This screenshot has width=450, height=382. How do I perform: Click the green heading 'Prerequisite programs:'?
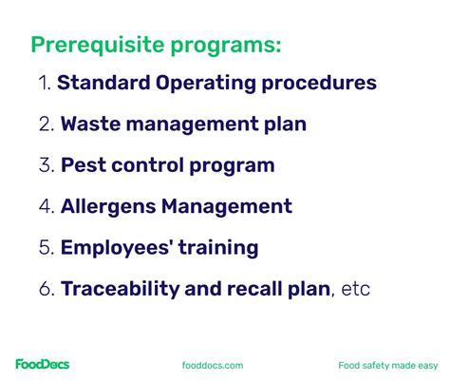coord(157,45)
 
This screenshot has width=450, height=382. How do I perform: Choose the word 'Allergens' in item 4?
coord(107,206)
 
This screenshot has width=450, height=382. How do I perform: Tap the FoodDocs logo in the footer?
coord(42,364)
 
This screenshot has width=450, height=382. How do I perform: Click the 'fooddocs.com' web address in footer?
coord(213,365)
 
